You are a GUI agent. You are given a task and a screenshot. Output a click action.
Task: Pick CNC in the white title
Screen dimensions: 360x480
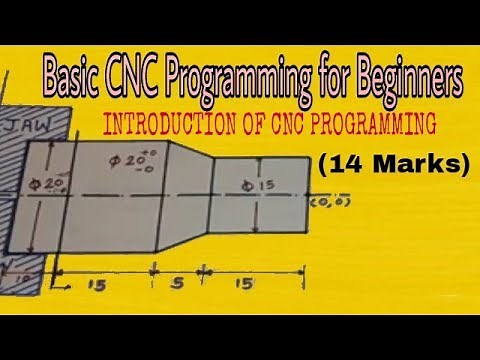[x=140, y=75]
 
